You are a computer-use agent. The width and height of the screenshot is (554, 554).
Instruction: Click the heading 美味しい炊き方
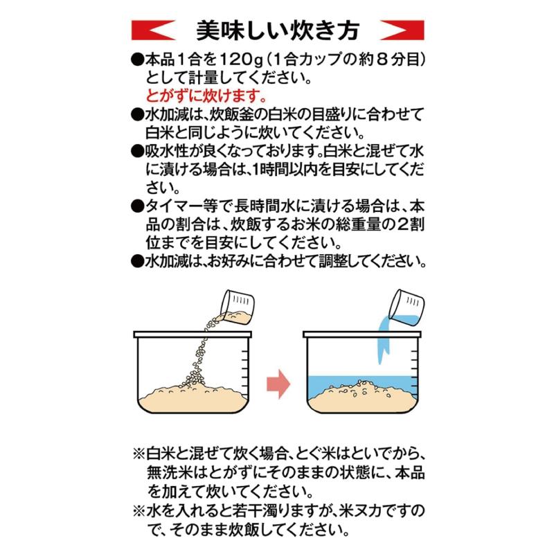[277, 30]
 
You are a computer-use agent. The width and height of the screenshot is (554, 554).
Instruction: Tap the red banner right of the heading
[402, 30]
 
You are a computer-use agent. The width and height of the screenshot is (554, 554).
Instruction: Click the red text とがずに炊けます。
[206, 96]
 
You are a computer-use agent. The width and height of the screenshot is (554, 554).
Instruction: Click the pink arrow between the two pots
[278, 383]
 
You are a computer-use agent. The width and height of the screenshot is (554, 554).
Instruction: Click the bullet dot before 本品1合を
[136, 59]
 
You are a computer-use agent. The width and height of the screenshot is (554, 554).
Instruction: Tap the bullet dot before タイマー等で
[136, 206]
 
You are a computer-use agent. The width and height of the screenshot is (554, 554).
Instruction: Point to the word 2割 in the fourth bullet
[408, 224]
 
